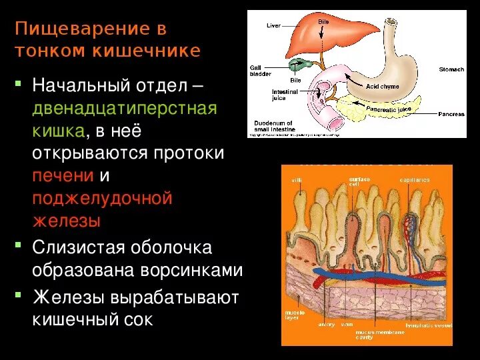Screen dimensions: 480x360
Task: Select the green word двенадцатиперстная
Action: [125, 109]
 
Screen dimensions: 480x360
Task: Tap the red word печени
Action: [63, 176]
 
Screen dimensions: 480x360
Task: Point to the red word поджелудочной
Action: [103, 198]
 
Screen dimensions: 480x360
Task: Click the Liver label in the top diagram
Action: [273, 25]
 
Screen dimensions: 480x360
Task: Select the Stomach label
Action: [451, 69]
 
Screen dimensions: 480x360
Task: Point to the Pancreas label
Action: [451, 114]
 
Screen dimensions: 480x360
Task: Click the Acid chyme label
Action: [382, 87]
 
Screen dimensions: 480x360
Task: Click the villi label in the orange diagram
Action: [296, 181]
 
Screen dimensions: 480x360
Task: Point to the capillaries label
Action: [414, 180]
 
